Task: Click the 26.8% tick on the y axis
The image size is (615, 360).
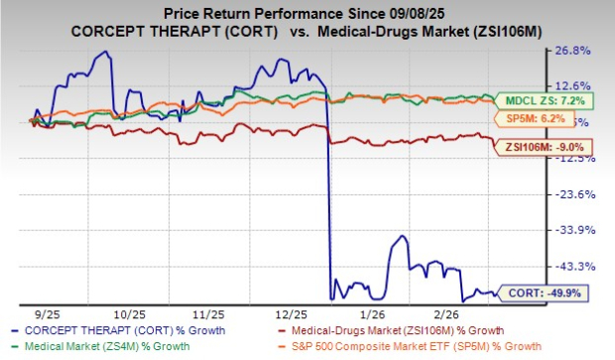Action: pyautogui.click(x=578, y=51)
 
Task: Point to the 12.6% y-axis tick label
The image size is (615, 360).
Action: pyautogui.click(x=578, y=86)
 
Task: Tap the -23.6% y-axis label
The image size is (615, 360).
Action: pyautogui.click(x=578, y=194)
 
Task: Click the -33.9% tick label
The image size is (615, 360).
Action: pyautogui.click(x=578, y=230)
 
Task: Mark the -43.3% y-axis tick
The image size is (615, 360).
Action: pyautogui.click(x=578, y=266)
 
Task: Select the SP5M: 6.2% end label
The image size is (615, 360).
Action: pyautogui.click(x=543, y=117)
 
